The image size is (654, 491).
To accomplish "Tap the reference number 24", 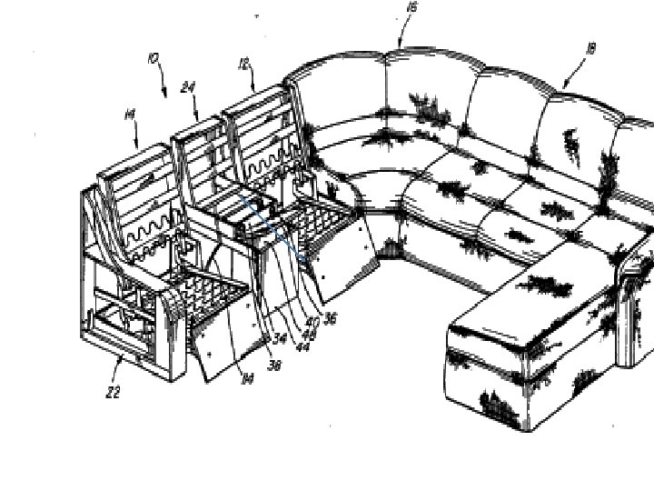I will [188, 87].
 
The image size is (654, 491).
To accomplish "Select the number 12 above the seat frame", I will [243, 64].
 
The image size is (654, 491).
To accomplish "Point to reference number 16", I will [412, 8].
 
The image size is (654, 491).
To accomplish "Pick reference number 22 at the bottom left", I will [113, 392].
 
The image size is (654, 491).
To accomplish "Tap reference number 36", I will [330, 319].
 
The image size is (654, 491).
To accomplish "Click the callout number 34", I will [280, 339].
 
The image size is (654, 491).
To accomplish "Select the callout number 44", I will [301, 346].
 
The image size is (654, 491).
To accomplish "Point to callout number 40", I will [312, 320].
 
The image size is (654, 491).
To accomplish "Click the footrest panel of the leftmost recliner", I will [223, 337].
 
